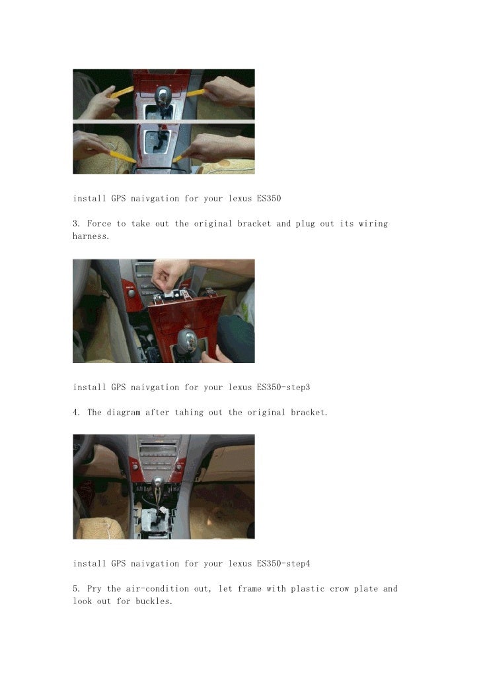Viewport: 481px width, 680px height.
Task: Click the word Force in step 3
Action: (99, 224)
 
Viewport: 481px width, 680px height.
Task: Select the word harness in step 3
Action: (91, 236)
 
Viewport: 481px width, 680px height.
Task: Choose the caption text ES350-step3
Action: (283, 388)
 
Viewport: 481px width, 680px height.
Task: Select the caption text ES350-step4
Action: (283, 564)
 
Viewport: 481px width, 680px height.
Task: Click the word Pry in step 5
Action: (94, 589)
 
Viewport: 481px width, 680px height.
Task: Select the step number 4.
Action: (77, 413)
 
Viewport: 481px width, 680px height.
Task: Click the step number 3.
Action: (77, 224)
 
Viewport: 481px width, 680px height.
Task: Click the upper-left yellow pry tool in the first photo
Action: (122, 92)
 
